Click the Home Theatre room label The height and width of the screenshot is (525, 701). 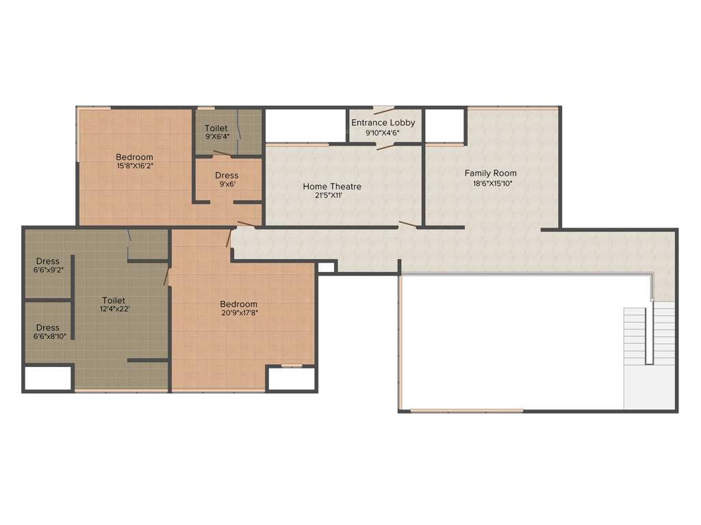pos(332,186)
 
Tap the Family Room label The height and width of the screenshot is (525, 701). pos(491,173)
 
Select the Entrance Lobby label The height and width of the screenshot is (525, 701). pos(383,122)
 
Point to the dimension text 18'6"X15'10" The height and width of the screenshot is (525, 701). pos(493,183)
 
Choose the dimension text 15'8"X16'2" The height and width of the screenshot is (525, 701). pos(135,165)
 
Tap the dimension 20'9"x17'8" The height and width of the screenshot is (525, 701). pos(239,313)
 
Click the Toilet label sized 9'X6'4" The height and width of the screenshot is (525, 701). pos(216,128)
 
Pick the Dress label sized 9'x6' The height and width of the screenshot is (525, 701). pos(227,176)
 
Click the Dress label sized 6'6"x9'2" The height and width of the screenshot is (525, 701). pos(48,261)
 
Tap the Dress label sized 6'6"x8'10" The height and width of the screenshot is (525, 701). pos(48,327)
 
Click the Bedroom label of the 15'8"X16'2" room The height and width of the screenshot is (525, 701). pos(134,157)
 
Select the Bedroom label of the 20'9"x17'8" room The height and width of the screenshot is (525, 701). pos(239,304)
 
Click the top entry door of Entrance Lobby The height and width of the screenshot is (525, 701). pos(383,109)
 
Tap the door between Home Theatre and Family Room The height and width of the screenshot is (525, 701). pos(409,224)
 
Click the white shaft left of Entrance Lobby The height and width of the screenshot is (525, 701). pos(305,124)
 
